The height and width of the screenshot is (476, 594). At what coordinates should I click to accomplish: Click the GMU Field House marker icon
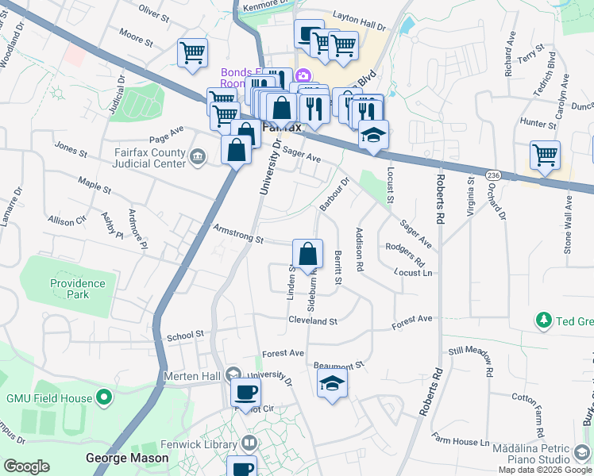click(103, 397)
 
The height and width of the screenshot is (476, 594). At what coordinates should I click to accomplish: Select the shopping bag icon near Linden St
click(308, 255)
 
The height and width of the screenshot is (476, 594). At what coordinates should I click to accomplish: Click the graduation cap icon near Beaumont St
click(332, 383)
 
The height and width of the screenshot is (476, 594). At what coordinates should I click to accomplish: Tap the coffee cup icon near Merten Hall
click(245, 392)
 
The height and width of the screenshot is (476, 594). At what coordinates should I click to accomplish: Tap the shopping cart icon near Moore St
click(192, 52)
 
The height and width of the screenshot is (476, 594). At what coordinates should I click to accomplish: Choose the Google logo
click(26, 466)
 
